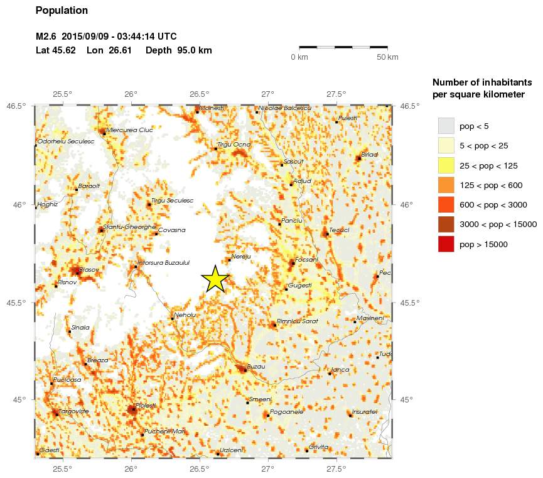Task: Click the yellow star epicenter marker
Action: [x=215, y=279]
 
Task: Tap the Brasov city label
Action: [x=89, y=269]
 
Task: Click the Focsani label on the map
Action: [x=306, y=259]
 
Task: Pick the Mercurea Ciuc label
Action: [x=129, y=130]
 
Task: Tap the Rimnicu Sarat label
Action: [x=298, y=321]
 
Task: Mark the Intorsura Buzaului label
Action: [x=163, y=262]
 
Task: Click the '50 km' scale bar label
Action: [x=387, y=58]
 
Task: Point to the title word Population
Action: [x=62, y=11]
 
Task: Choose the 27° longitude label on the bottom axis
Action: [x=268, y=469]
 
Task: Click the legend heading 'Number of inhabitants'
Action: [x=478, y=82]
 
